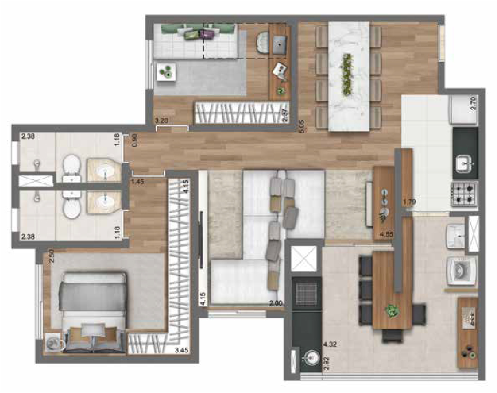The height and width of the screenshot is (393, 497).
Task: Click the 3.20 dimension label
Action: coord(162,121)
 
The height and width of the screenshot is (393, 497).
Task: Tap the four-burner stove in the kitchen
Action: coord(463,194)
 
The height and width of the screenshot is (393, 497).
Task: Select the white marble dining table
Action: coord(349,74)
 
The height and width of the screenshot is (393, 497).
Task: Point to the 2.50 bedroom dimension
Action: coord(51,257)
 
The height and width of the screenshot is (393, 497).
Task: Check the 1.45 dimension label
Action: coord(137,182)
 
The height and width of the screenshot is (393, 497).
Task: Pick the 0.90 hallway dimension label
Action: coord(135,141)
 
